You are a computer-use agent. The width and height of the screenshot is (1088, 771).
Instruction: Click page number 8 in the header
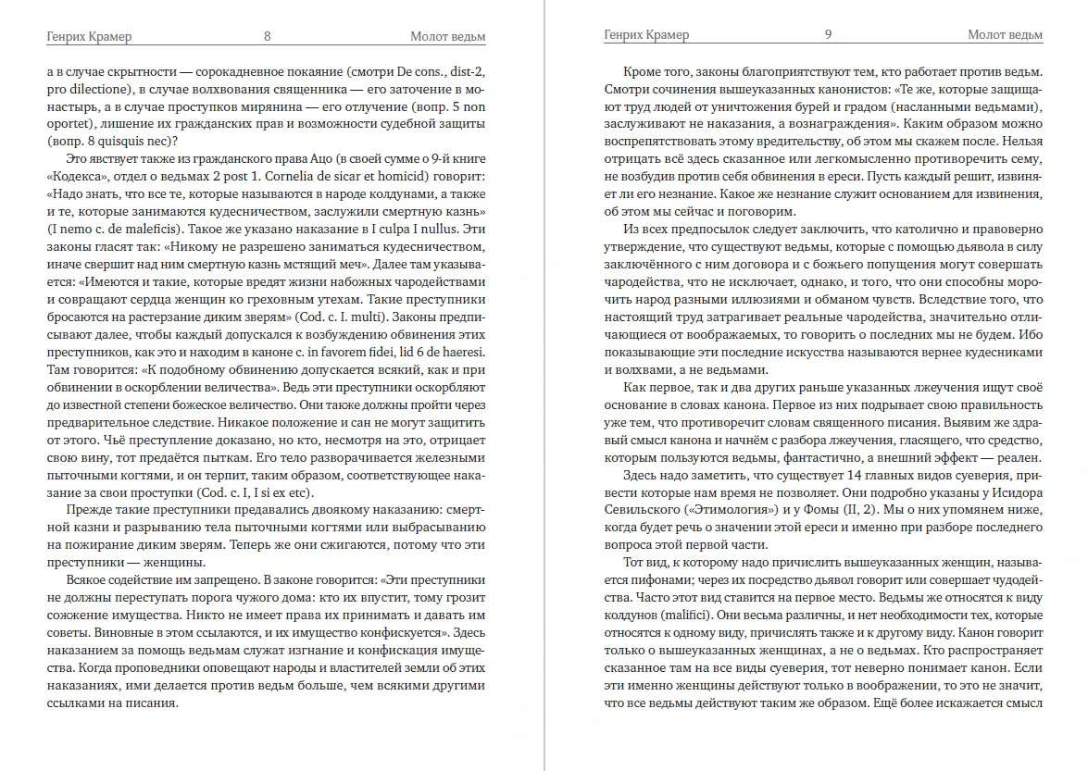coord(267,36)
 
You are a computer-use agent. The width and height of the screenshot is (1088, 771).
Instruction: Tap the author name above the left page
coord(89,36)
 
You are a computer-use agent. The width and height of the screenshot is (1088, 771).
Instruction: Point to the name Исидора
coord(1015,492)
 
